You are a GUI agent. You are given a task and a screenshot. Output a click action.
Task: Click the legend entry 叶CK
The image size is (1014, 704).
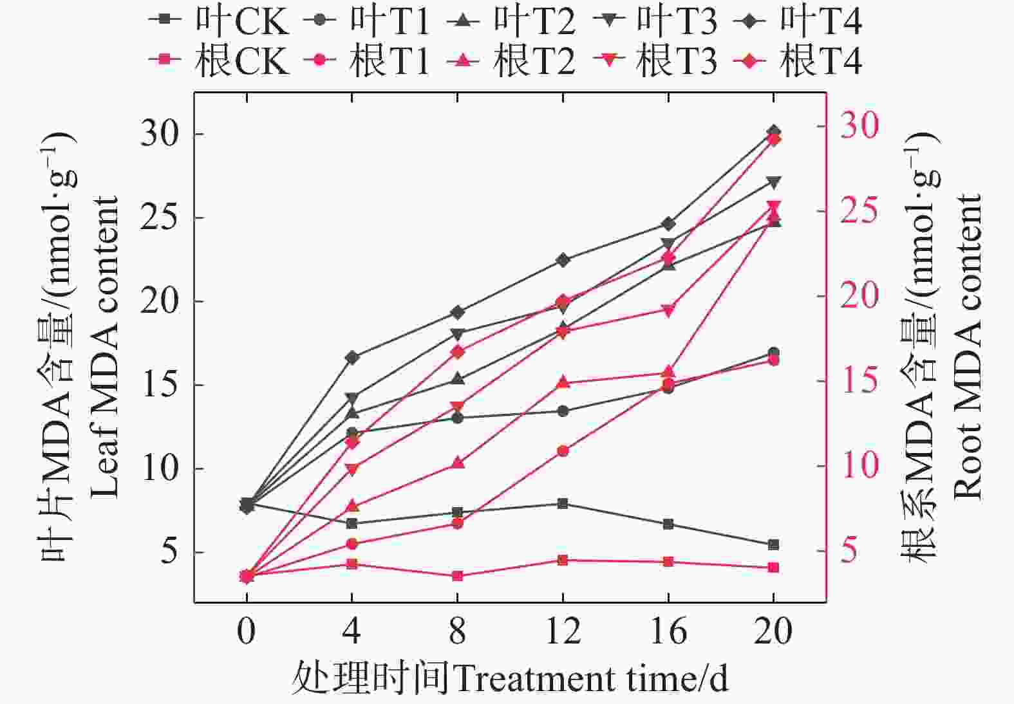219,21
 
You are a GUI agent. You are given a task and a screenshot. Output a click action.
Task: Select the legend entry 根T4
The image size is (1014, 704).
798,61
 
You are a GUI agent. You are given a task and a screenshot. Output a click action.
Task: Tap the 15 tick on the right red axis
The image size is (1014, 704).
859,381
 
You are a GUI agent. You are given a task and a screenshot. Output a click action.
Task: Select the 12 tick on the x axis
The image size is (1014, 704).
563,631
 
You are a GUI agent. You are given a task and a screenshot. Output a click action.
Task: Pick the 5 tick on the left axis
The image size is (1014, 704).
169,552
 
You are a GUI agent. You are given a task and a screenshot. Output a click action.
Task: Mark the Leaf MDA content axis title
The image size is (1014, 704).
104,347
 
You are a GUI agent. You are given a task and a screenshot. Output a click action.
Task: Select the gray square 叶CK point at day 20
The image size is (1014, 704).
773,544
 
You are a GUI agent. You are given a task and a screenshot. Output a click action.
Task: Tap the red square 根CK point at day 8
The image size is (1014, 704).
457,576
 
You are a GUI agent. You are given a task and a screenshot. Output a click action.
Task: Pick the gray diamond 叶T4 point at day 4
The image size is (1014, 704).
352,357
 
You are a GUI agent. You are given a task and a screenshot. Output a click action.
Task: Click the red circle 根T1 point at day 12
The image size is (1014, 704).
563,451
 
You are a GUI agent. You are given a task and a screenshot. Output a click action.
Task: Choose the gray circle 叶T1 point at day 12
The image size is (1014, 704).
563,411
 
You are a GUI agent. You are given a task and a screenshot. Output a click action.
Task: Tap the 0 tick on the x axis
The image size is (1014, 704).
246,631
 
